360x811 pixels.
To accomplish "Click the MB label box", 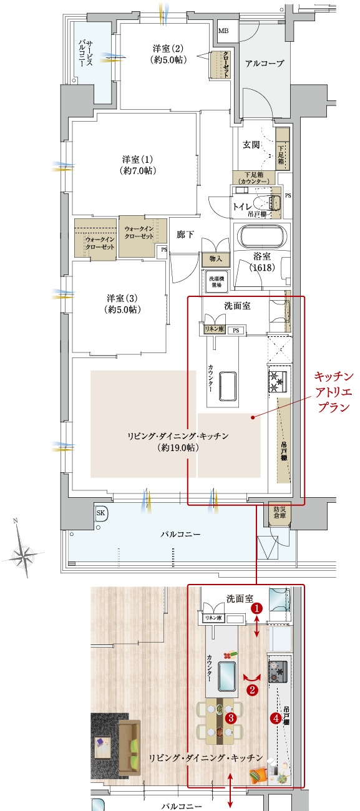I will pos(223,31).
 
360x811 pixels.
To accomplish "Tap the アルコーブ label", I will pos(265,64).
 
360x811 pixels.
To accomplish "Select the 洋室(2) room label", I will pos(166,54).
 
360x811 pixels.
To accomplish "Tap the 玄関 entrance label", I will pos(251,145).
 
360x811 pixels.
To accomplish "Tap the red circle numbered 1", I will pos(255,606).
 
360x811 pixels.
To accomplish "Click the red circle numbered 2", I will pos(252,690).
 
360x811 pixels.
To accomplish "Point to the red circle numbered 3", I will pos(230,718).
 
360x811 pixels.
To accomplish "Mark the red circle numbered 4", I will pos(275,718).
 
